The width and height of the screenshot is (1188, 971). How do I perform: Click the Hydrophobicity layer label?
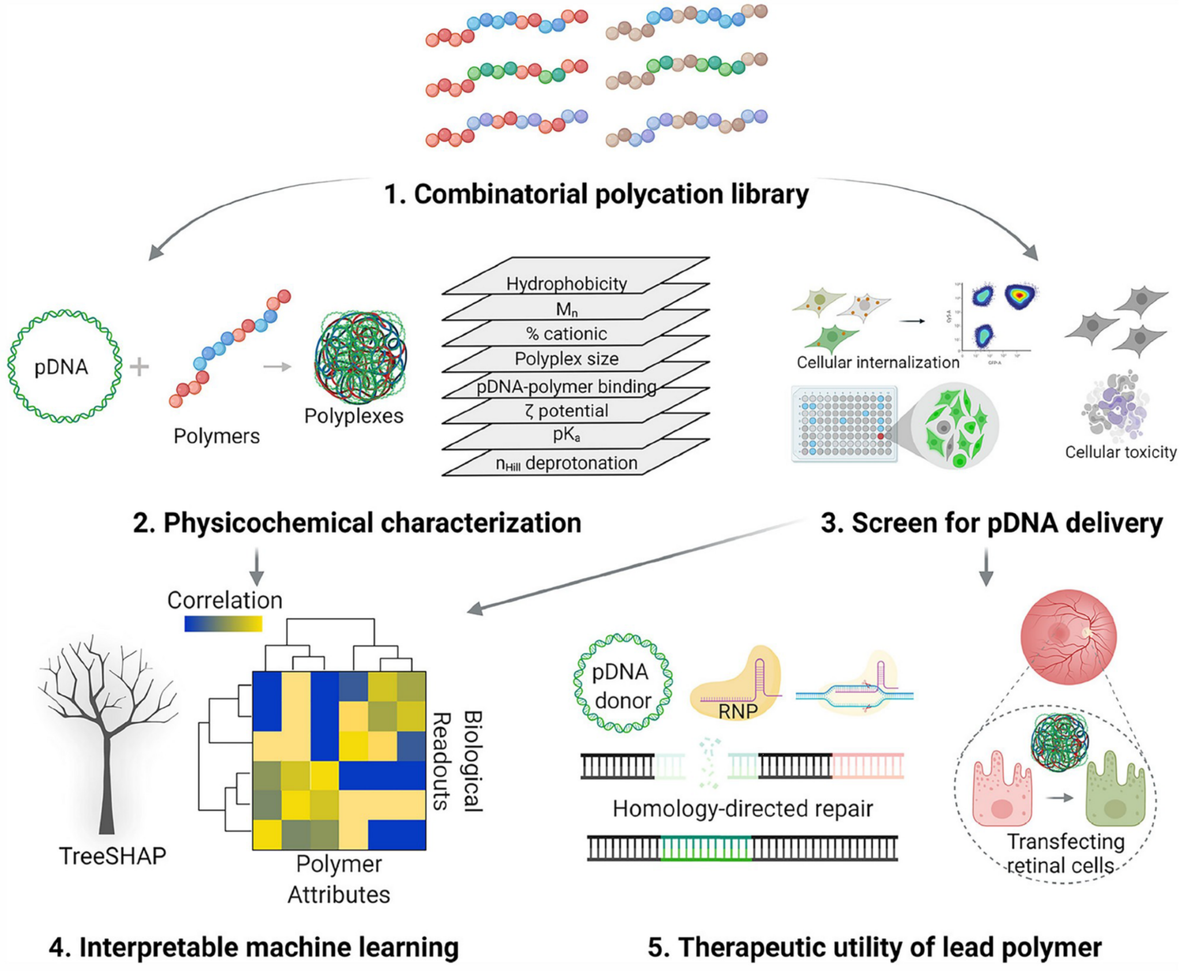[x=566, y=284]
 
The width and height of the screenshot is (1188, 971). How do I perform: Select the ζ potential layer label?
[x=566, y=411]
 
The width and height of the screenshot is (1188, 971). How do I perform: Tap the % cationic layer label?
[x=566, y=334]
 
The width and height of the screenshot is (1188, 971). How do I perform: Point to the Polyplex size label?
[x=566, y=359]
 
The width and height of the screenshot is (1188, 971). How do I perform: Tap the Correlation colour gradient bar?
[x=223, y=624]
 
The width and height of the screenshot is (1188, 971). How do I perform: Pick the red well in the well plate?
[x=880, y=436]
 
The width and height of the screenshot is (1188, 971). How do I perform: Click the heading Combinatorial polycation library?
[x=596, y=194]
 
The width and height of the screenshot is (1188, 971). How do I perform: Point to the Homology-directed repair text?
[x=743, y=809]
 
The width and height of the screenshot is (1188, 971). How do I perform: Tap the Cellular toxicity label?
[x=1120, y=452]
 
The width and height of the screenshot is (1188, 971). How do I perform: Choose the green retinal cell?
[x=1115, y=792]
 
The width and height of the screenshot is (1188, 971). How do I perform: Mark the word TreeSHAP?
[x=113, y=856]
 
